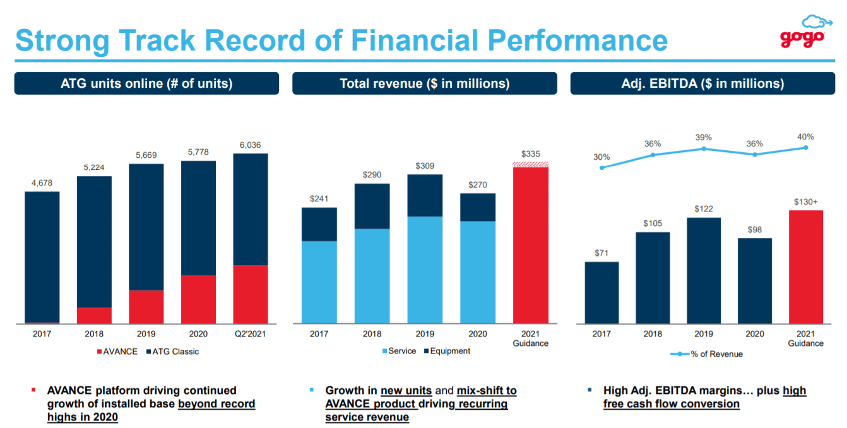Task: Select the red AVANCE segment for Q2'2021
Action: (251, 294)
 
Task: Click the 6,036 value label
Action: (251, 145)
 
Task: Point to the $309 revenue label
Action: (425, 165)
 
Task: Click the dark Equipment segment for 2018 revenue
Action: (372, 206)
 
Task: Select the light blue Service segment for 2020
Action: (478, 272)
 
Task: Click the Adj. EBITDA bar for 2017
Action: (601, 292)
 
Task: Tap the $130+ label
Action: (806, 202)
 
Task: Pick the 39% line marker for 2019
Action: (704, 149)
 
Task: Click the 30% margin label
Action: (601, 157)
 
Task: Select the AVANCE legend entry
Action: (117, 352)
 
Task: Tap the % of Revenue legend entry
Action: (706, 354)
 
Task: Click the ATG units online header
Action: (146, 83)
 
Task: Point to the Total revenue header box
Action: (424, 83)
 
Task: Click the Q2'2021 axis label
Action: (251, 334)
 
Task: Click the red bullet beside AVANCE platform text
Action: (33, 391)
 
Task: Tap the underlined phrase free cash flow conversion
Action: (671, 404)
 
